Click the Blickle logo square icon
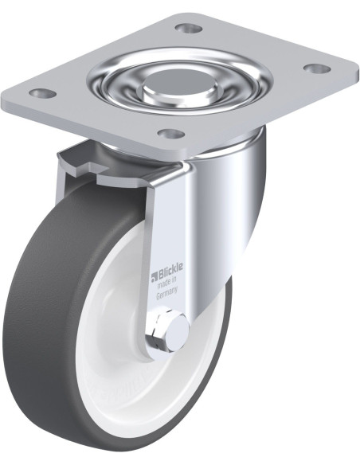tap(155, 276)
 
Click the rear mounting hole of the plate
tap(189, 29)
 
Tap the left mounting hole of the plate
tap(43, 94)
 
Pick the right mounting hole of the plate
tap(318, 69)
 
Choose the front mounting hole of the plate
tap(170, 135)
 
